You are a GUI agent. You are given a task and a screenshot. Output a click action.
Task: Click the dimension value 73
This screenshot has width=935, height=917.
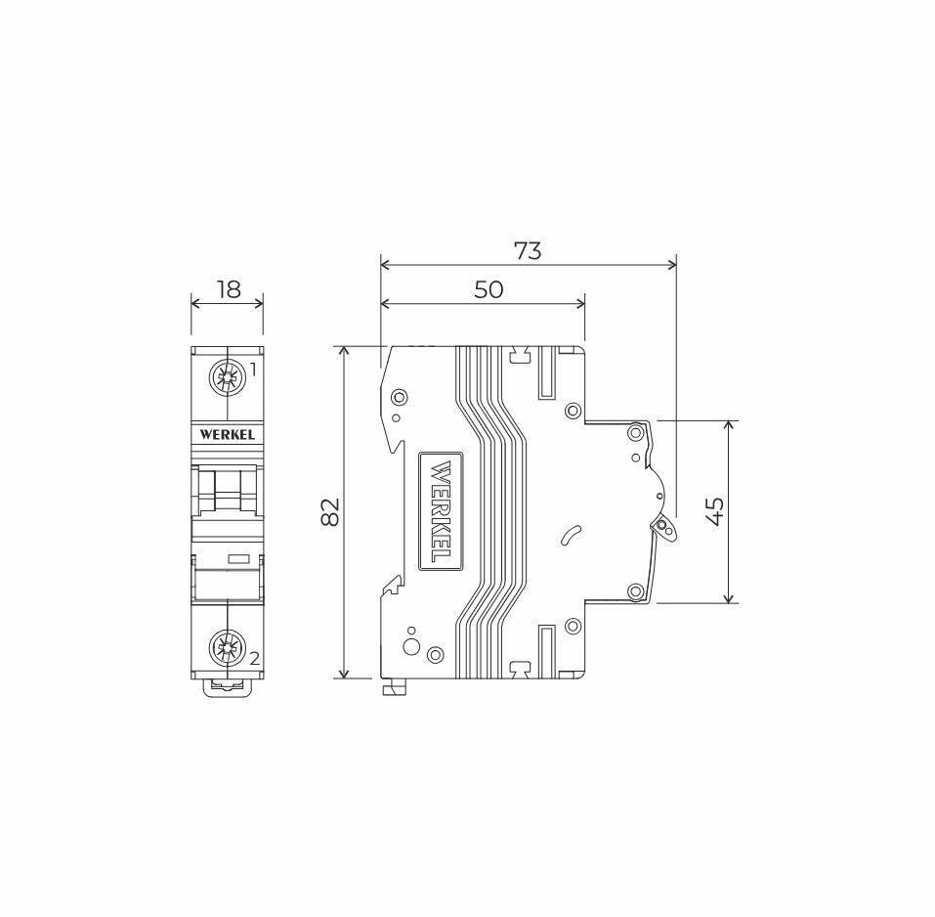(528, 251)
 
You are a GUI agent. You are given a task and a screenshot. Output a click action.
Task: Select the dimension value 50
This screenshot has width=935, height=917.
(489, 290)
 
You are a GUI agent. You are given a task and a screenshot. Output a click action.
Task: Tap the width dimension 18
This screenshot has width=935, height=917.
(229, 289)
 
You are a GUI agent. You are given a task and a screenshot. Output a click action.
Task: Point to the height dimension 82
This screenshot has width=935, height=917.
(330, 511)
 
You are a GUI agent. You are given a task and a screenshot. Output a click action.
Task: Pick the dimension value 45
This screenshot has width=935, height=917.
(715, 511)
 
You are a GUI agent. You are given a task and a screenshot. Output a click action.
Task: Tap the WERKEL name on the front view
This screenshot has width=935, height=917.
(228, 434)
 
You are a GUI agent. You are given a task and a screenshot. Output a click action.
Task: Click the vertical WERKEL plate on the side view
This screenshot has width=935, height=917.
(441, 511)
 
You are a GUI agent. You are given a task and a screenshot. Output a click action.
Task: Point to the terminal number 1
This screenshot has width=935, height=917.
(253, 371)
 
